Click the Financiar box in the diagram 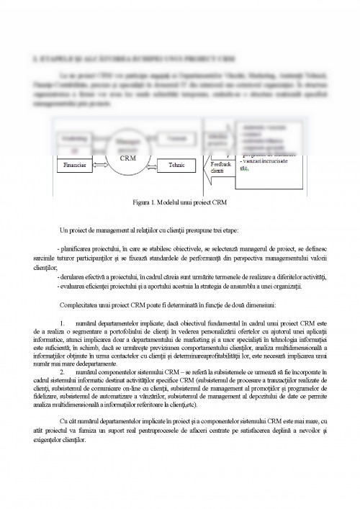click(75, 165)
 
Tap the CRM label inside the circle click(128, 158)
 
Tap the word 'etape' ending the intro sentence click(251, 229)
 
